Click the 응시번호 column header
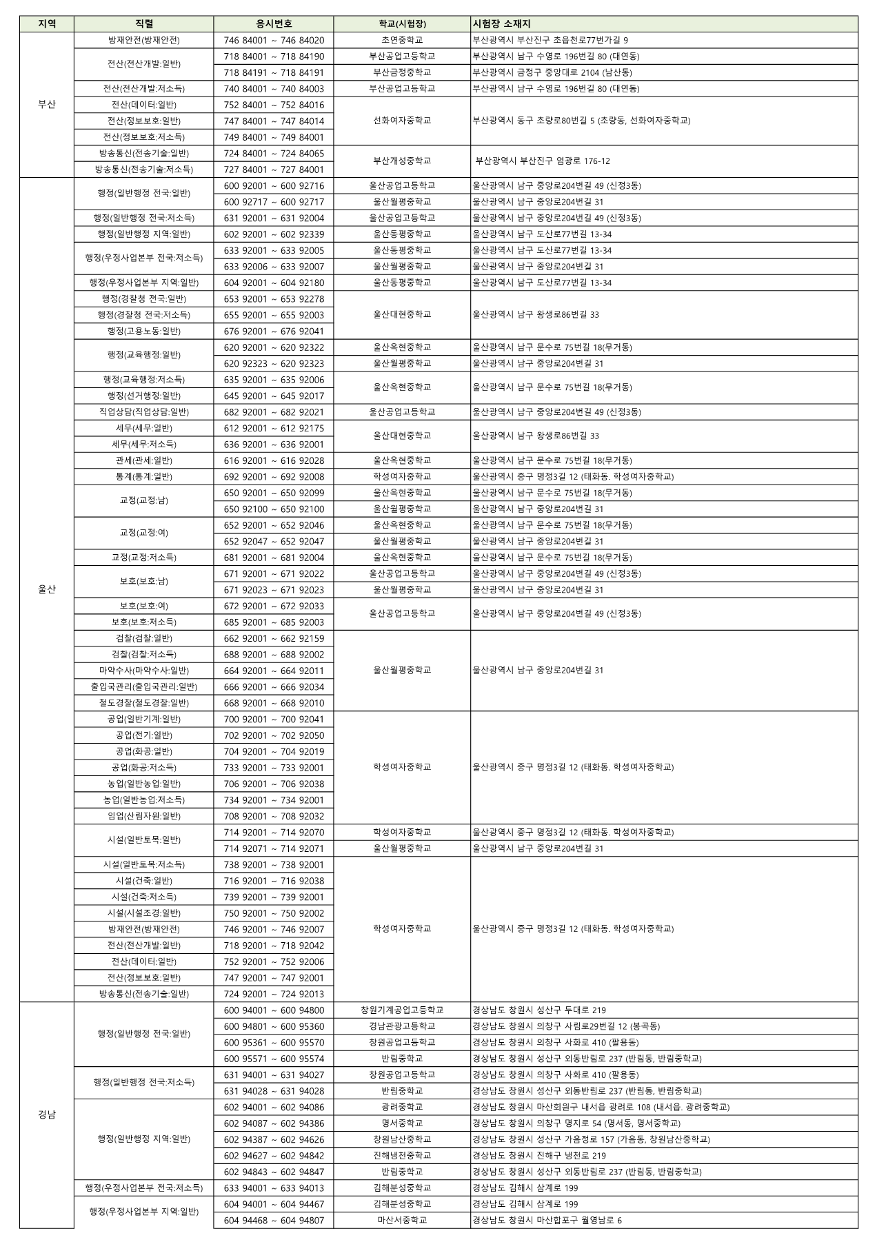(x=274, y=24)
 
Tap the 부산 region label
(x=47, y=105)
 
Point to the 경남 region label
(x=47, y=1114)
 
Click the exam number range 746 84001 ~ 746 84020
(x=274, y=41)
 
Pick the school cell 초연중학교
(x=402, y=41)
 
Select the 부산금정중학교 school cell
(x=402, y=72)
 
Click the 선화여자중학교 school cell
(x=402, y=121)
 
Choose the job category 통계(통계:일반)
(x=144, y=477)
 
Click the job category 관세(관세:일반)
(x=144, y=460)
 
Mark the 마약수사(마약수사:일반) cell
(x=144, y=671)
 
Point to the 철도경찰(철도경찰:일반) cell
(x=144, y=703)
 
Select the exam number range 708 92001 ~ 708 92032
(x=274, y=816)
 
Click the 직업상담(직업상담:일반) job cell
(x=144, y=412)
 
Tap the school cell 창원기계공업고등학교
(x=402, y=1010)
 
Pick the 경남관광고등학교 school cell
(x=402, y=1026)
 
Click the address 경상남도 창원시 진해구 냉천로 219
(x=539, y=1156)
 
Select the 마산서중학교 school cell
(x=402, y=1220)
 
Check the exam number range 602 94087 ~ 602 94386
(x=274, y=1123)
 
